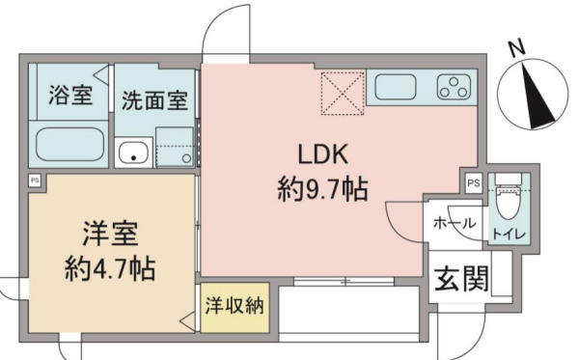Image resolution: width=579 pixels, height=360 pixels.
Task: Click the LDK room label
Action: [x=320, y=154]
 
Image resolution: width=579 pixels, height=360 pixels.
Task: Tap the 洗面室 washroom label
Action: [x=154, y=98]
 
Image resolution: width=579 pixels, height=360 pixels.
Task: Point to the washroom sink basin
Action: [x=133, y=152]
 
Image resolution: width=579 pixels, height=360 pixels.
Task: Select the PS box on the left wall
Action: [x=34, y=180]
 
